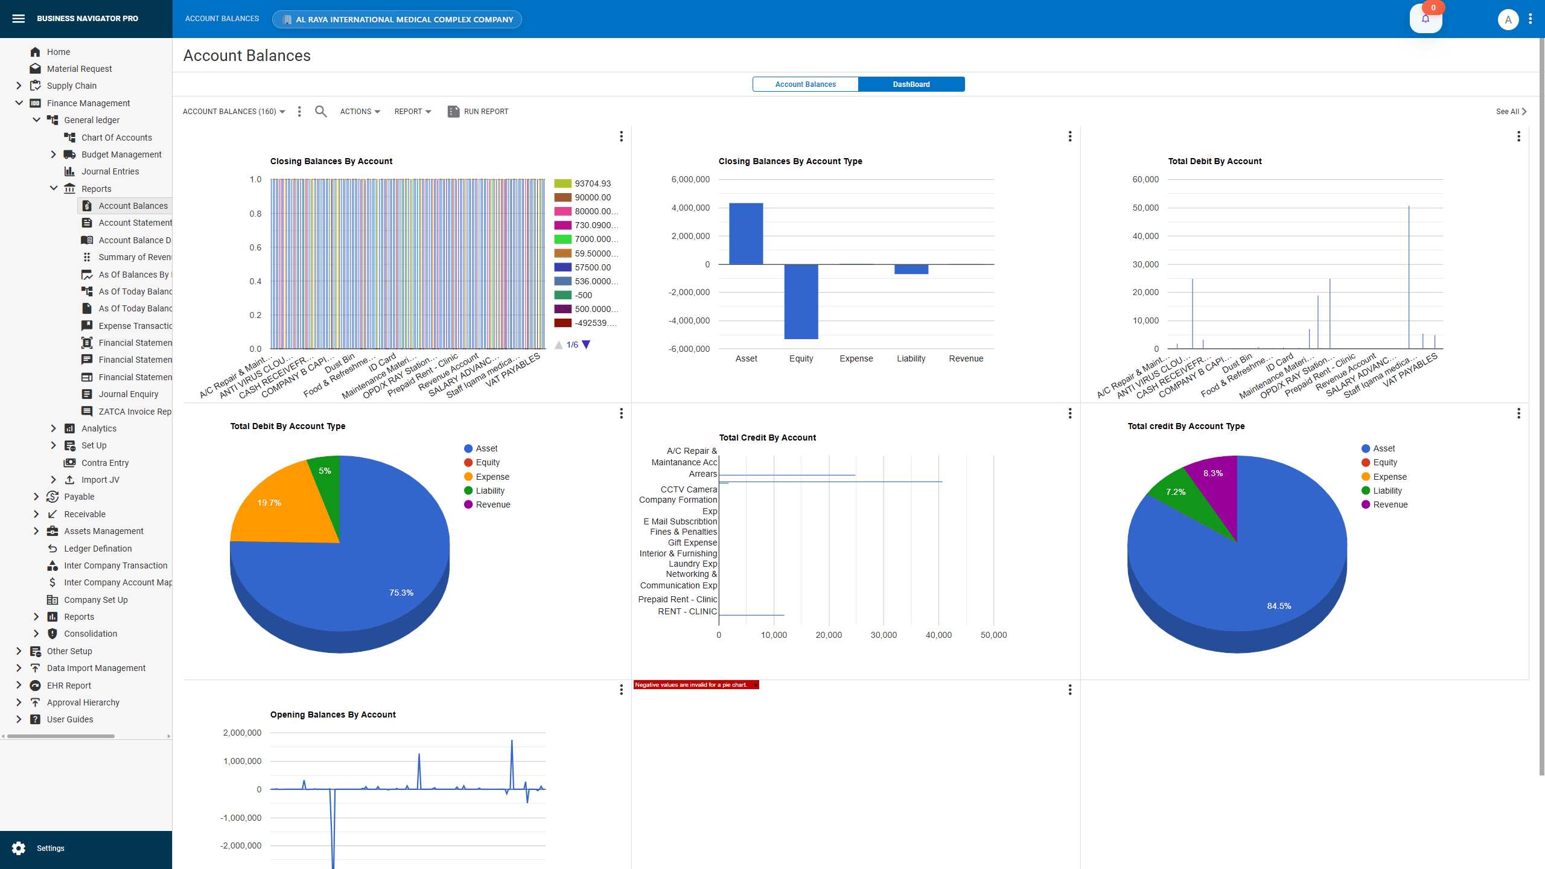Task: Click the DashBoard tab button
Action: (911, 84)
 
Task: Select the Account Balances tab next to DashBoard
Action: (805, 84)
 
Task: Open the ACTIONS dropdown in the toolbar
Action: (360, 112)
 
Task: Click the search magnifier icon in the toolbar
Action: (320, 112)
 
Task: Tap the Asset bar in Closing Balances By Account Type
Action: (746, 234)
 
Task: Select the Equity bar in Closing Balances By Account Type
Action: (801, 301)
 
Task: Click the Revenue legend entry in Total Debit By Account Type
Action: (492, 505)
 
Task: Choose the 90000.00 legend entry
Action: (592, 197)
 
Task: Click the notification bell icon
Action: (1426, 19)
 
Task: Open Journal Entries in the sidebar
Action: (110, 171)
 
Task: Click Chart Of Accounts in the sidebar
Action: (116, 138)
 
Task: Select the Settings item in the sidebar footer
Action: (50, 848)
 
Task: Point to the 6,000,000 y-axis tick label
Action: (690, 180)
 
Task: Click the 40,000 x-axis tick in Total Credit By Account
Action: (938, 635)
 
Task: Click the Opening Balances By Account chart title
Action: (333, 715)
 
